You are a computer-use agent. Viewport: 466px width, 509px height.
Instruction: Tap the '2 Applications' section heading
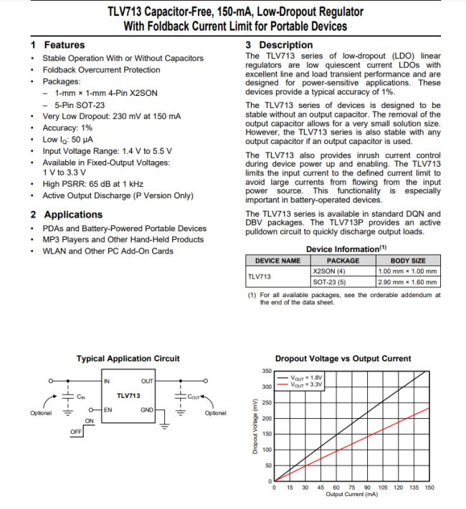(x=66, y=214)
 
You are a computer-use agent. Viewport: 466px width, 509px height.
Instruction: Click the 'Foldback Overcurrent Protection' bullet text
(x=101, y=70)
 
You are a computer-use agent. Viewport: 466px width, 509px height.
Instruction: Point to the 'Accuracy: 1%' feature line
(x=71, y=126)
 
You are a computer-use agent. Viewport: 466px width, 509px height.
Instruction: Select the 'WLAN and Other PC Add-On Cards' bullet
(x=108, y=251)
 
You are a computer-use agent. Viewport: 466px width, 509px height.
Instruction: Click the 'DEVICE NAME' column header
(x=273, y=261)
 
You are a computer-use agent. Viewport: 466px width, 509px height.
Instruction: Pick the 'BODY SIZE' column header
(x=408, y=261)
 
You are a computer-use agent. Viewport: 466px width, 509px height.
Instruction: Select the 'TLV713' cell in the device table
(x=259, y=276)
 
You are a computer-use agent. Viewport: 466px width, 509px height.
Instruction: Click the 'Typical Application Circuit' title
(x=128, y=359)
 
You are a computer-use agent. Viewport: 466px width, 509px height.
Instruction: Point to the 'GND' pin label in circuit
(x=146, y=409)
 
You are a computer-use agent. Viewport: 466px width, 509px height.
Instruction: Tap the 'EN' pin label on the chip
(x=107, y=409)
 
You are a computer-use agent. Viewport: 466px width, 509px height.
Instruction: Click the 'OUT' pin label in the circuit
(x=146, y=381)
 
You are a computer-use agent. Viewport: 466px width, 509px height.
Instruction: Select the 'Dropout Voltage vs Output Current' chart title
(x=343, y=359)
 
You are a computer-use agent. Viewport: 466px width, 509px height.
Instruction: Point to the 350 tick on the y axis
(x=266, y=371)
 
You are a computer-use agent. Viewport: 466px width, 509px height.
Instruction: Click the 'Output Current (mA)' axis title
(x=351, y=495)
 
